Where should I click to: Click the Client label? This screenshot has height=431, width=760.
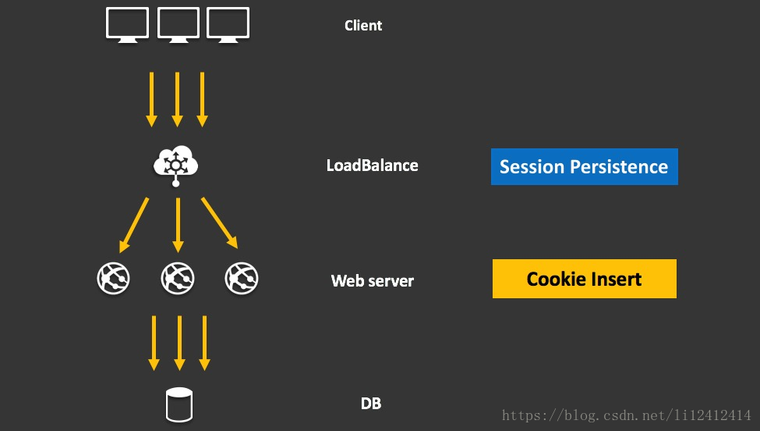363,26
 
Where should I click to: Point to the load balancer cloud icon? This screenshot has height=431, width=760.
176,164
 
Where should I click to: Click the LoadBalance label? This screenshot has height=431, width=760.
372,166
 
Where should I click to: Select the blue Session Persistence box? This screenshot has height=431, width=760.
584,166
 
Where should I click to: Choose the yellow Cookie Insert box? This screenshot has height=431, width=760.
584,279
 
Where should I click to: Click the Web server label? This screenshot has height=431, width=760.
372,281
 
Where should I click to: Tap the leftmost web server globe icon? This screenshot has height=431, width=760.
113,278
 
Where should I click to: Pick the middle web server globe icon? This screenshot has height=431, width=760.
177,278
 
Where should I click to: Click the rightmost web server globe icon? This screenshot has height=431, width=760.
241,278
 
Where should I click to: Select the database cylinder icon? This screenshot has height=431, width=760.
179,405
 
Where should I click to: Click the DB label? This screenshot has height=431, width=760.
371,404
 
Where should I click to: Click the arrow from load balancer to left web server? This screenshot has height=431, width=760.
134,224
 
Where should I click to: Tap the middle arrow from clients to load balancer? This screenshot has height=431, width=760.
177,99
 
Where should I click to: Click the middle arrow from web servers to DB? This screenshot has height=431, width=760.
179,343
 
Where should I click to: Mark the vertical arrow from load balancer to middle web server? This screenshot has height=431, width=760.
178,225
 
